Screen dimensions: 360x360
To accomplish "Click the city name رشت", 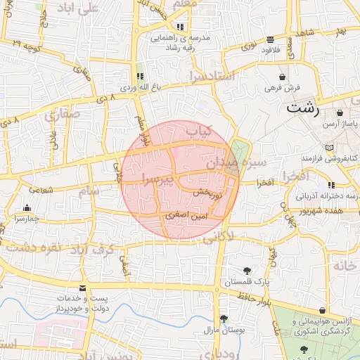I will pyautogui.click(x=303, y=109).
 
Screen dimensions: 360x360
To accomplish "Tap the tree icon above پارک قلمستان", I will pyautogui.click(x=247, y=271).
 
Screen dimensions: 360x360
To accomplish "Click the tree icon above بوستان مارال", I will pyautogui.click(x=223, y=319).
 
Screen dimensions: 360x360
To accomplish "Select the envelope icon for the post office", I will pyautogui.click(x=83, y=289).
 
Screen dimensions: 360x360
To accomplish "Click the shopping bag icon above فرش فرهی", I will pyautogui.click(x=282, y=77).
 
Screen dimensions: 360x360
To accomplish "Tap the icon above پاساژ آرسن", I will pyautogui.click(x=340, y=112).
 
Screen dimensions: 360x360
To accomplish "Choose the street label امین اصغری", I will pyautogui.click(x=184, y=218).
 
